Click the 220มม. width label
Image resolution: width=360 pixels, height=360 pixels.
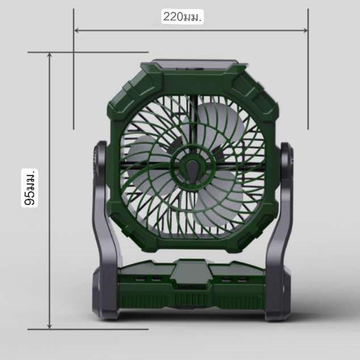tap(182, 17)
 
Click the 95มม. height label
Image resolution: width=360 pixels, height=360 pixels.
tap(30, 188)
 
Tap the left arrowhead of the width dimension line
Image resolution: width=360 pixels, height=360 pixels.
tap(77, 30)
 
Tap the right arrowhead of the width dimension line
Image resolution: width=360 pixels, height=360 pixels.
tap(305, 30)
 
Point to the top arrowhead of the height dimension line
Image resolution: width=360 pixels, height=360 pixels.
tap(49, 55)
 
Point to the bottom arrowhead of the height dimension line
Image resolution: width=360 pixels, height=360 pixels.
tap(49, 326)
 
